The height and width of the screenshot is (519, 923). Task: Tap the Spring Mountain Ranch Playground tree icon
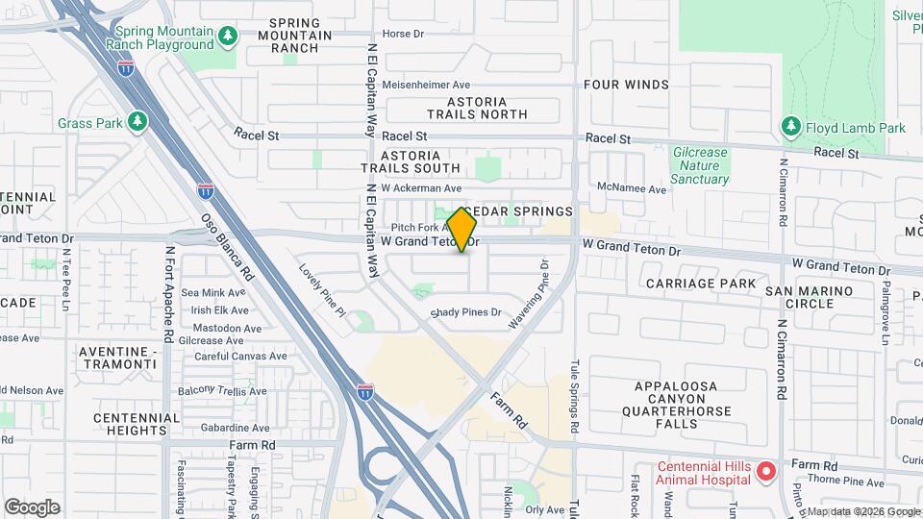[228, 37]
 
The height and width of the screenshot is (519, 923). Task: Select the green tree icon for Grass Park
[137, 122]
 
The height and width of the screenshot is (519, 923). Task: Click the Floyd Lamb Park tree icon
[790, 127]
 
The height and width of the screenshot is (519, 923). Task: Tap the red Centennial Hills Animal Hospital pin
[765, 472]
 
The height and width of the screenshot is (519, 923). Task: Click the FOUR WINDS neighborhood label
[626, 85]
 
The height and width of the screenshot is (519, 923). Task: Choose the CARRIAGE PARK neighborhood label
[695, 284]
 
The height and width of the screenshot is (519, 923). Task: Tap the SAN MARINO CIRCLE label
[810, 297]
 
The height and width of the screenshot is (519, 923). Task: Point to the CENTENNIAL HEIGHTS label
[137, 425]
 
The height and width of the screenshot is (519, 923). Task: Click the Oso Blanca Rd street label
[226, 246]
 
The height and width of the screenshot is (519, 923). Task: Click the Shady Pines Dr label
[466, 312]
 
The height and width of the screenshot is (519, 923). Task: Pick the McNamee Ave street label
[632, 189]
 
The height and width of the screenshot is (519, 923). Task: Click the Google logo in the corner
[33, 507]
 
